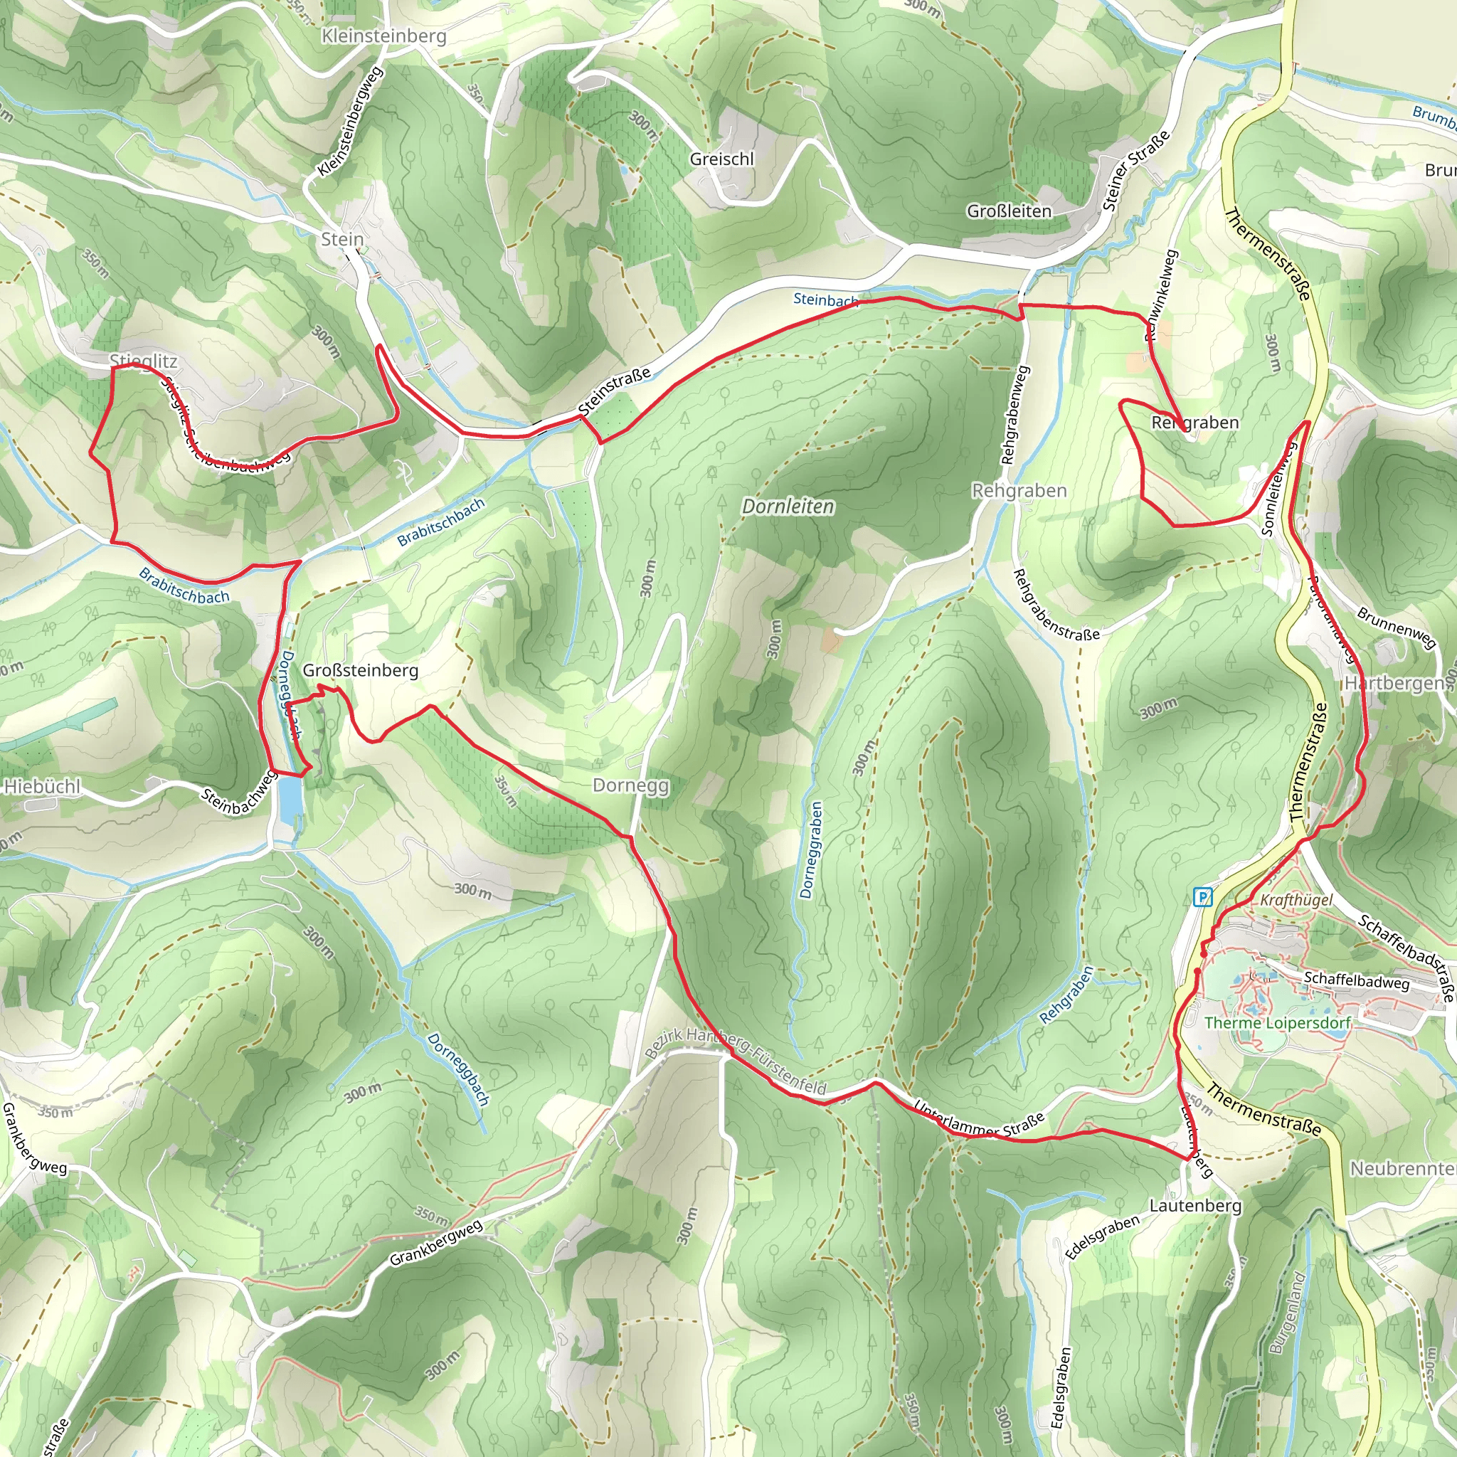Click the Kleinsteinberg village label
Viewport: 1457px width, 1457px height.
click(383, 36)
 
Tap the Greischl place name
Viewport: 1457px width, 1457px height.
click(721, 159)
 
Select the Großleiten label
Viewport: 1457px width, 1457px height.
click(1009, 211)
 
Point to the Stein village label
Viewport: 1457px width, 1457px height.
click(342, 239)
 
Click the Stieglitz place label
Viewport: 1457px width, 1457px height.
click(143, 361)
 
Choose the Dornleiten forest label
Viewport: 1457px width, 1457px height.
click(788, 506)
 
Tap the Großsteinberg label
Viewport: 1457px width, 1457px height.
click(361, 670)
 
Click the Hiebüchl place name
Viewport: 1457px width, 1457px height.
click(42, 787)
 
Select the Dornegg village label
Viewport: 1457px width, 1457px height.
click(630, 785)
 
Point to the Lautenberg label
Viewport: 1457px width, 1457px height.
click(1195, 1205)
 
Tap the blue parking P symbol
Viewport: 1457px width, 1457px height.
click(1203, 896)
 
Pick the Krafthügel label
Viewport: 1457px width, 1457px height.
click(1296, 900)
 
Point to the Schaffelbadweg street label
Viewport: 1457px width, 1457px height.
click(1357, 980)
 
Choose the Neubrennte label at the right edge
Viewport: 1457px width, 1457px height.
click(1403, 1168)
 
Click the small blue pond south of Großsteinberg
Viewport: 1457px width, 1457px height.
click(290, 799)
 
